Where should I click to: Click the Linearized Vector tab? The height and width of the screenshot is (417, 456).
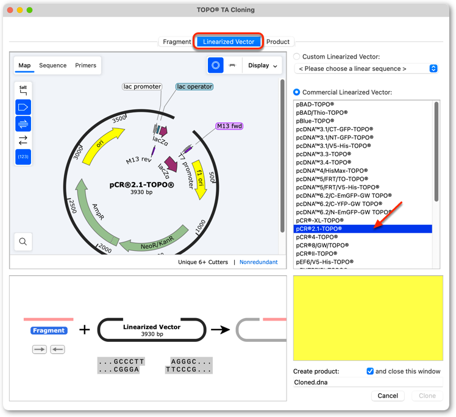click(229, 42)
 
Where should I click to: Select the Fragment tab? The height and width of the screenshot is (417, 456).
click(177, 42)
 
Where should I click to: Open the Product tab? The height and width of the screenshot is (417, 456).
click(278, 42)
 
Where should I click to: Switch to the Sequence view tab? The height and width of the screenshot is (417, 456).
click(53, 65)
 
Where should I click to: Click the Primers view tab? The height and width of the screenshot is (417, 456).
click(85, 65)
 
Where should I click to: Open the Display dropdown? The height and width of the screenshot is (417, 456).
click(262, 65)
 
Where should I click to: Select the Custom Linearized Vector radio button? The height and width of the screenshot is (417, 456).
click(297, 57)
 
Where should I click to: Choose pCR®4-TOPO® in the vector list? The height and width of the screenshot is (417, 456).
click(316, 237)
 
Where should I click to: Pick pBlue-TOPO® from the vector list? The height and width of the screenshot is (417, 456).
click(315, 121)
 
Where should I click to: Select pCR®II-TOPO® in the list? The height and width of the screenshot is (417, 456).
click(316, 253)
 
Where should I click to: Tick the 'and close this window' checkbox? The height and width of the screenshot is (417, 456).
click(370, 371)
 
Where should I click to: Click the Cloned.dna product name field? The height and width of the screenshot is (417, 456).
click(368, 382)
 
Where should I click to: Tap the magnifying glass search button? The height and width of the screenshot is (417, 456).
click(23, 241)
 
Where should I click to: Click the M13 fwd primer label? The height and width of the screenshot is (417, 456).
click(229, 126)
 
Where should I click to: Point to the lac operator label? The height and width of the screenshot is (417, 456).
click(194, 87)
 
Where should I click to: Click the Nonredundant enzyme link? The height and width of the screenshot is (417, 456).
click(258, 262)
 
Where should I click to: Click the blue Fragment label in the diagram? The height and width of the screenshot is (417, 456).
click(49, 330)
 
